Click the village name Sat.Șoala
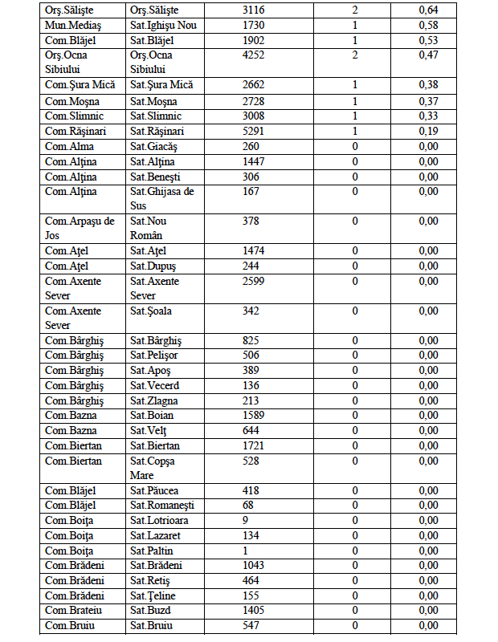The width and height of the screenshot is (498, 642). pyautogui.click(x=152, y=311)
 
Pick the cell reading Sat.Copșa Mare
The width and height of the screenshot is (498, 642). pyautogui.click(x=153, y=468)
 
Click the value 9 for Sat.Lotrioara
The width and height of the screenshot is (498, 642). pyautogui.click(x=245, y=521)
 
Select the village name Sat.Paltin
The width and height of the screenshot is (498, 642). pyautogui.click(x=152, y=551)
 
